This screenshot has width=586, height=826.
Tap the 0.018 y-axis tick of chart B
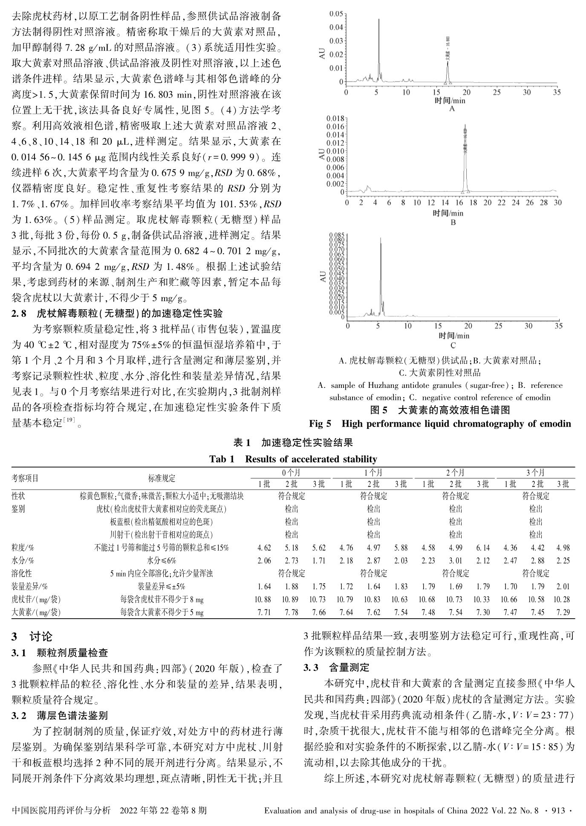(335, 118)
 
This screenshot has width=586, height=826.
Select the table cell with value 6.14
(483, 548)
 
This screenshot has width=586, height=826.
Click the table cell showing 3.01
(455, 561)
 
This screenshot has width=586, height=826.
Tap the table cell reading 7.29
(563, 612)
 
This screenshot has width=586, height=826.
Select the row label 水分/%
(23, 561)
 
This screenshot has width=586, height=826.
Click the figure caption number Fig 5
(320, 424)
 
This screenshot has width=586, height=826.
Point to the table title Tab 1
(222, 459)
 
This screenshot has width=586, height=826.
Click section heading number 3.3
(310, 667)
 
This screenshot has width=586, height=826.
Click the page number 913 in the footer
(557, 810)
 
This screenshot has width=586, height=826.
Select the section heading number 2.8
(19, 314)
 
